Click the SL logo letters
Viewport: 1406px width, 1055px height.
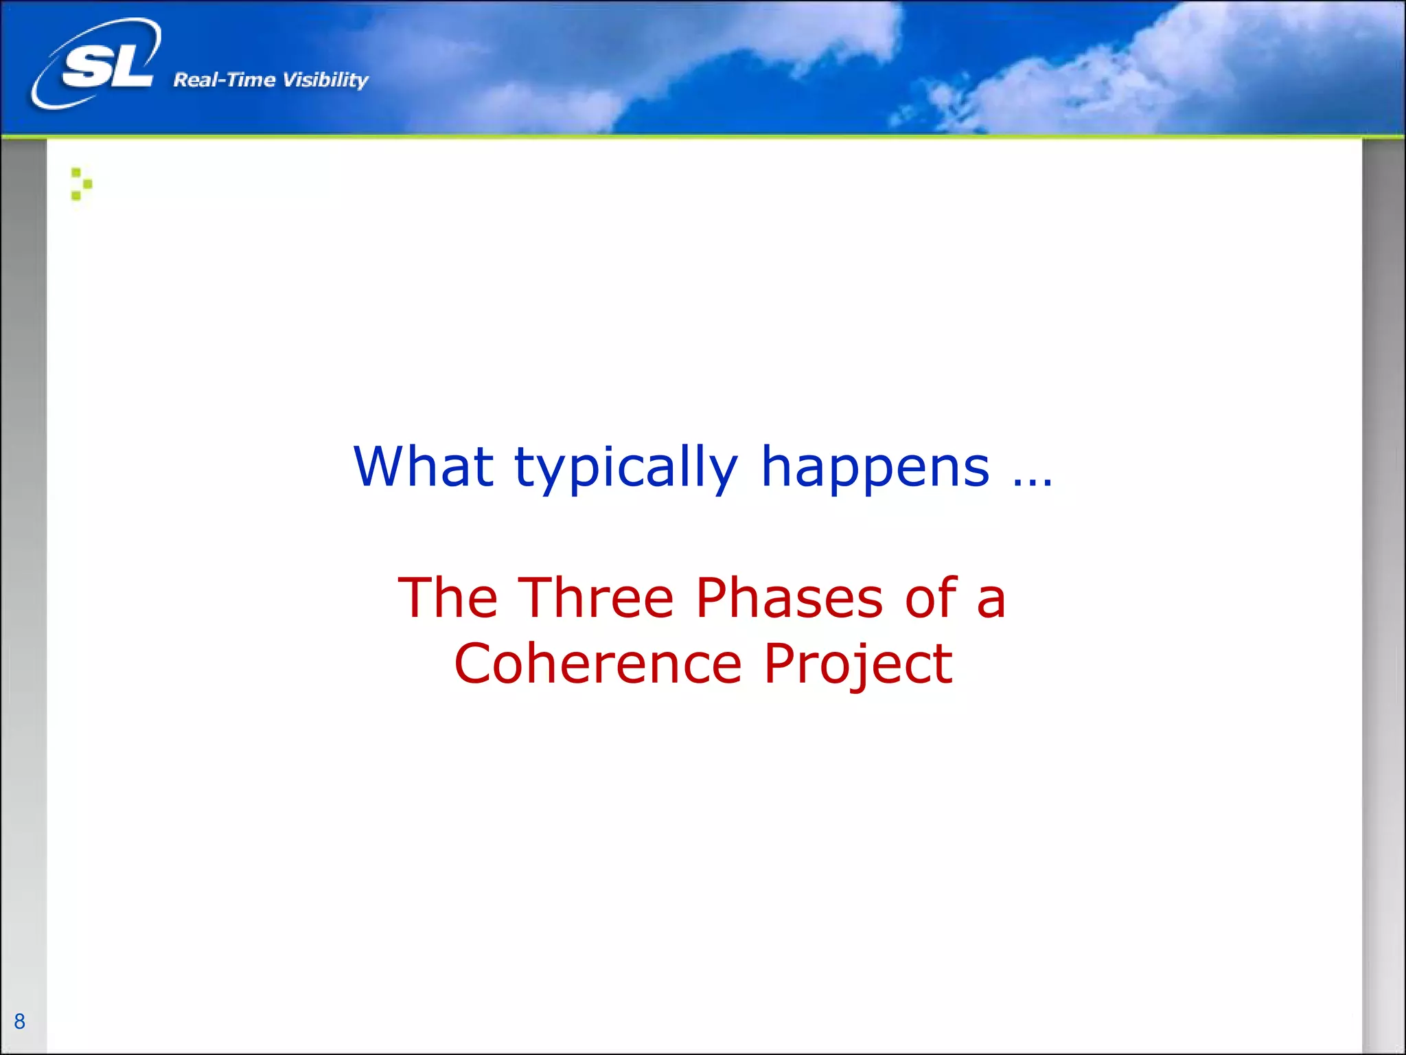tap(106, 67)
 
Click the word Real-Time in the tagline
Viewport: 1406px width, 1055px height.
tap(224, 80)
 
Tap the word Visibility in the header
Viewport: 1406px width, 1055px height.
tap(325, 80)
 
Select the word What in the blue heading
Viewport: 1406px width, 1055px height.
tap(423, 467)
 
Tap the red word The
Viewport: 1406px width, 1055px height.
tap(448, 598)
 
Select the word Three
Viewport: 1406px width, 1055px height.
tap(596, 598)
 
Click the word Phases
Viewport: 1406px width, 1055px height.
tap(789, 598)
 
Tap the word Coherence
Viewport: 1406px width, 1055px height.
tap(598, 663)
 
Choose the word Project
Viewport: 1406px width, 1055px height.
tap(858, 665)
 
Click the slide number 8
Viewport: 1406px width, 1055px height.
tap(19, 1021)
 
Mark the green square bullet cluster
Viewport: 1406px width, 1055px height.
tap(81, 184)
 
